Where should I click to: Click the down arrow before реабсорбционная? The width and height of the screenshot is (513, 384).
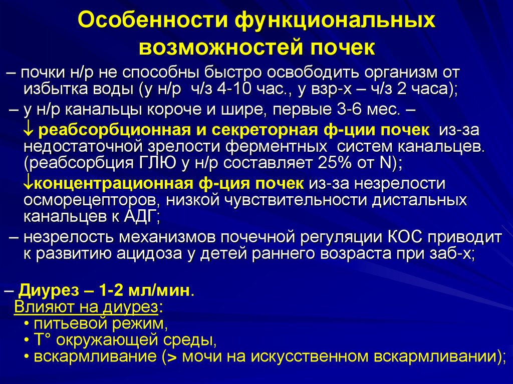[x=29, y=130]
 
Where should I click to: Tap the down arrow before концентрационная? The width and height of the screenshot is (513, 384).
[x=28, y=183]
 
